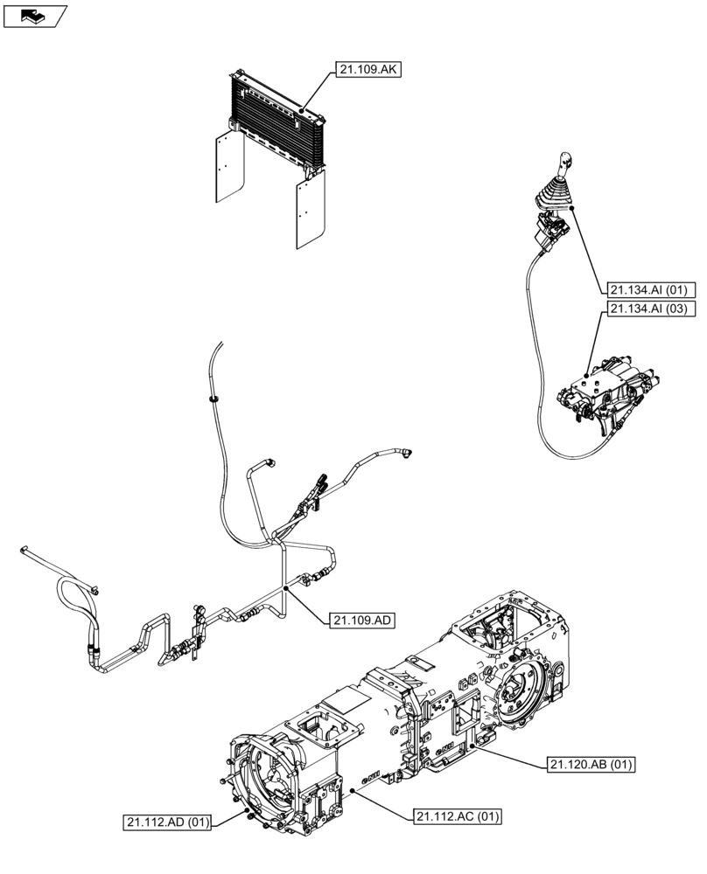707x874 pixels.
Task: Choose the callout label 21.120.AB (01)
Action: pos(591,765)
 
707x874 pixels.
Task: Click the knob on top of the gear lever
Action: pos(565,161)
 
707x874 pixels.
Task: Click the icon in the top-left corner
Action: pos(35,15)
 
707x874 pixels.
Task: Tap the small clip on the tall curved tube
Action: pos(213,398)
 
